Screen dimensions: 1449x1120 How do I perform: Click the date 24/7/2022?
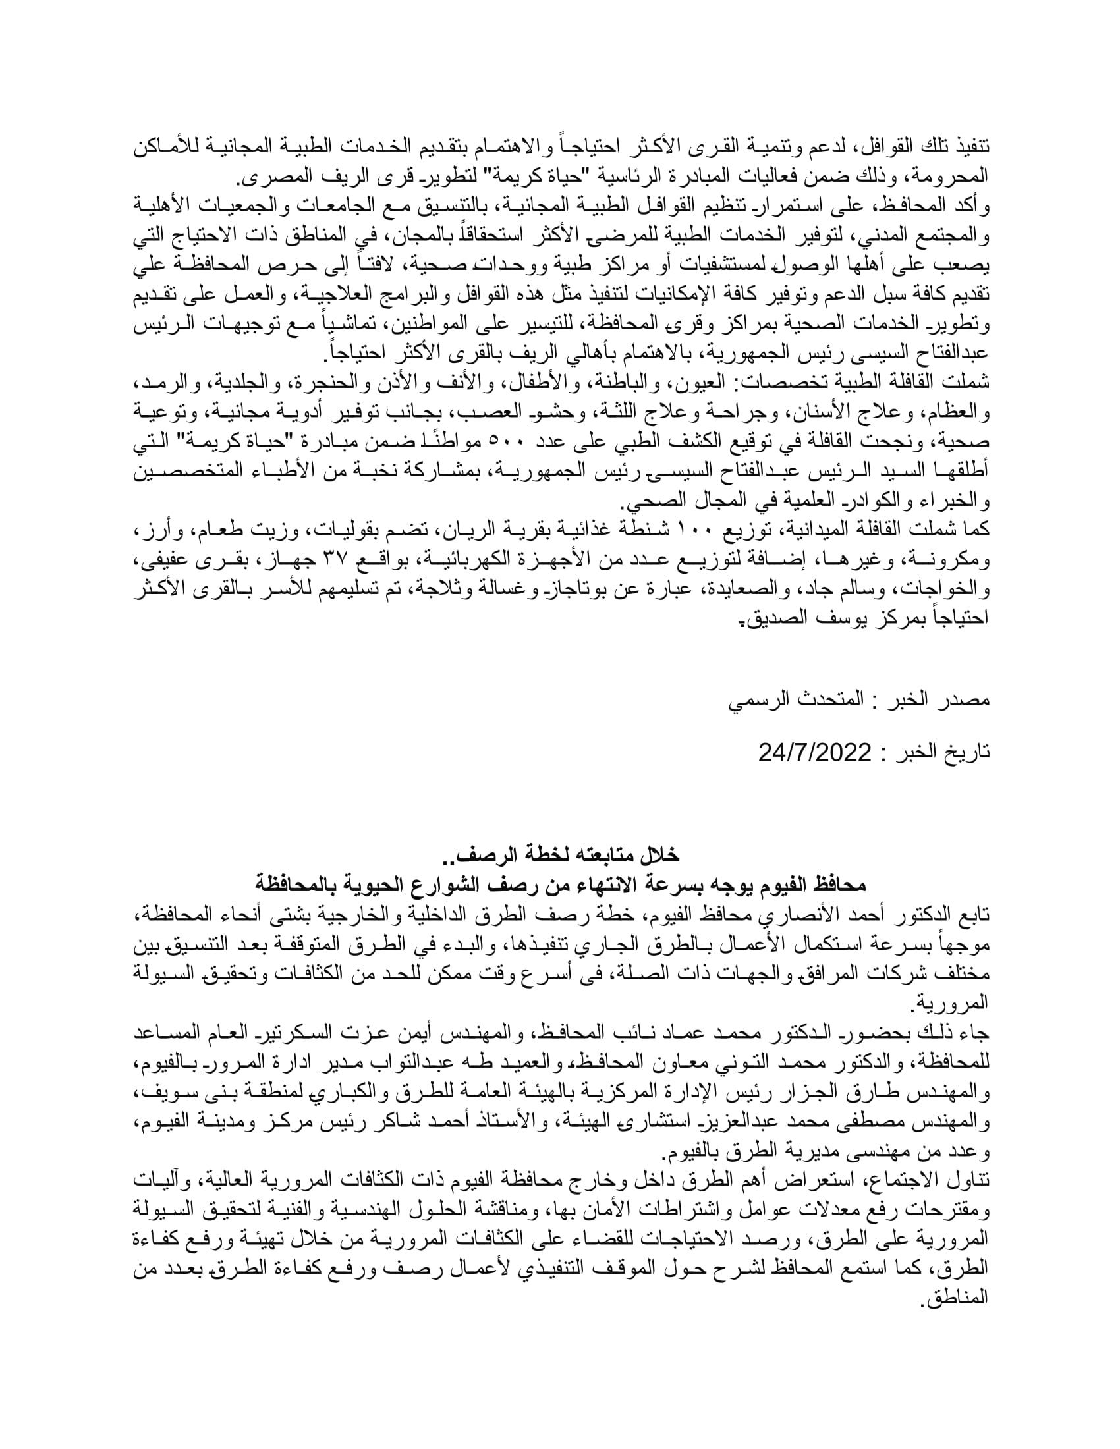point(814,752)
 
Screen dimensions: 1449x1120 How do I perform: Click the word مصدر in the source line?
point(967,700)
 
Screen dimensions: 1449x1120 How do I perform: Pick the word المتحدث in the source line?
point(812,700)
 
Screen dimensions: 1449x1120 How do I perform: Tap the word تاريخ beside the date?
point(968,753)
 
